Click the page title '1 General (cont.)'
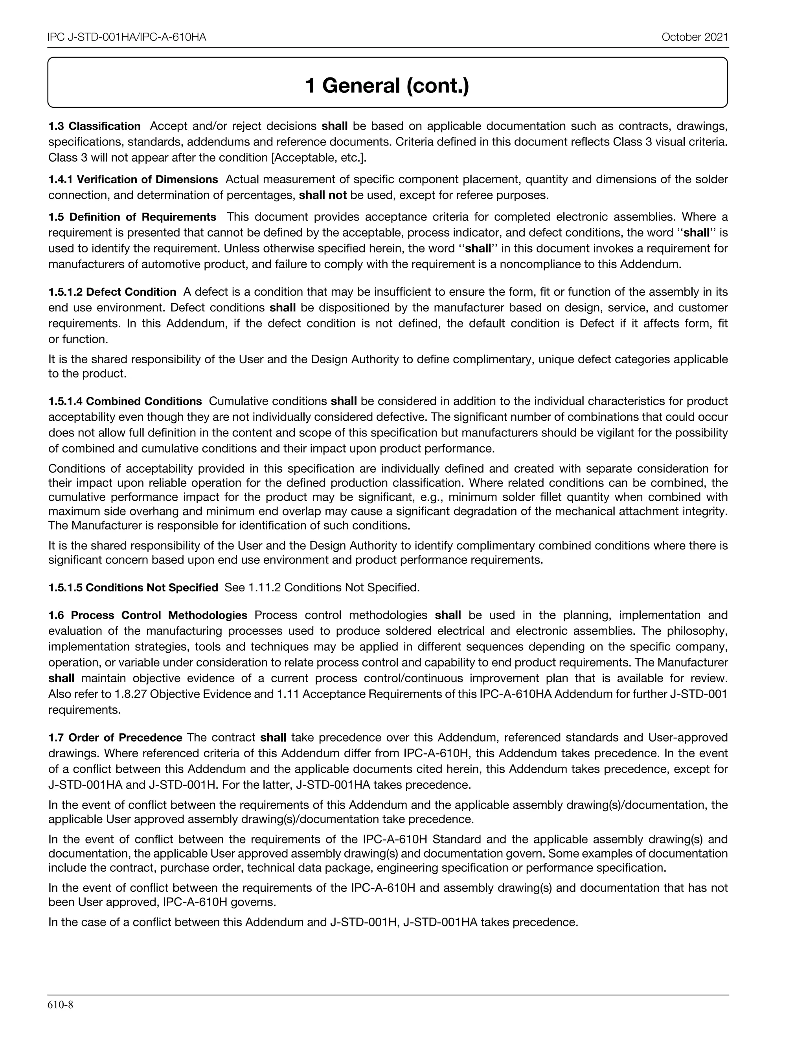click(387, 86)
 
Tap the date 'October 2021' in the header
click(695, 38)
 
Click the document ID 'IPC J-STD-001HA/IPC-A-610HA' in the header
click(127, 38)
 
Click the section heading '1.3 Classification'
click(94, 127)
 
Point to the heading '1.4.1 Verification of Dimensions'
click(133, 180)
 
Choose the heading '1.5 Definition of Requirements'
click(132, 217)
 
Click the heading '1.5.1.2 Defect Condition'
click(112, 293)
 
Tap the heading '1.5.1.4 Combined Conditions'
click(125, 401)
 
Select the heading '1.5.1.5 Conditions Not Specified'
click(133, 588)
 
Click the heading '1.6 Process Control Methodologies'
click(148, 615)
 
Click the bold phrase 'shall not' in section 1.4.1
click(323, 195)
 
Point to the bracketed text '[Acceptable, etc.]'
click(318, 158)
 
